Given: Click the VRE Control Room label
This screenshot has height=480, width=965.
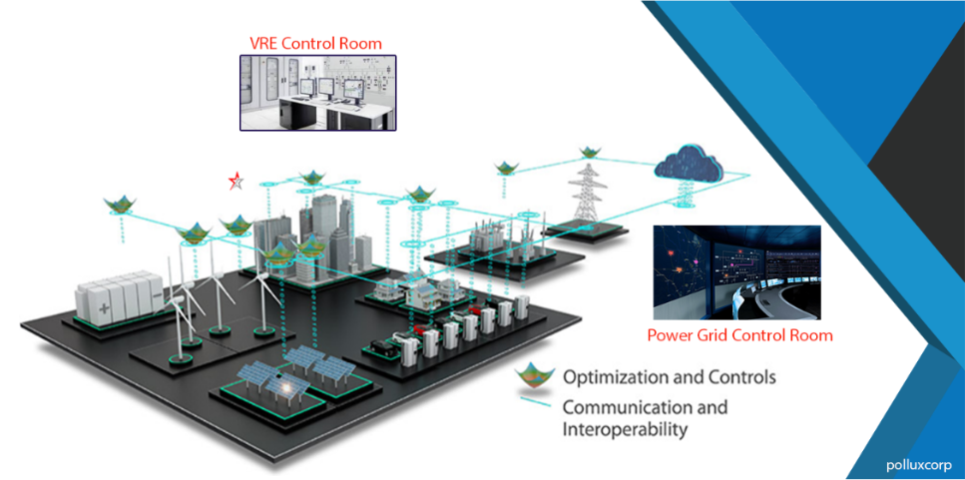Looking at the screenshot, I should [x=315, y=43].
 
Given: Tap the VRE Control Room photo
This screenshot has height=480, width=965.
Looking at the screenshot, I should [x=317, y=93].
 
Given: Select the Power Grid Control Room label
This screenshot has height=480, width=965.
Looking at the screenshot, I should [x=739, y=335].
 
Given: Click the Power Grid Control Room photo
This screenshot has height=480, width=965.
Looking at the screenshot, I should [x=736, y=271].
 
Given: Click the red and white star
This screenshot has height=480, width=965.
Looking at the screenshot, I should [x=236, y=181].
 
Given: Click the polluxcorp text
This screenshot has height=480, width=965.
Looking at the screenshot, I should [x=919, y=464].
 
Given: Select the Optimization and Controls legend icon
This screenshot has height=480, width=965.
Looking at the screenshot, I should [x=534, y=378].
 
